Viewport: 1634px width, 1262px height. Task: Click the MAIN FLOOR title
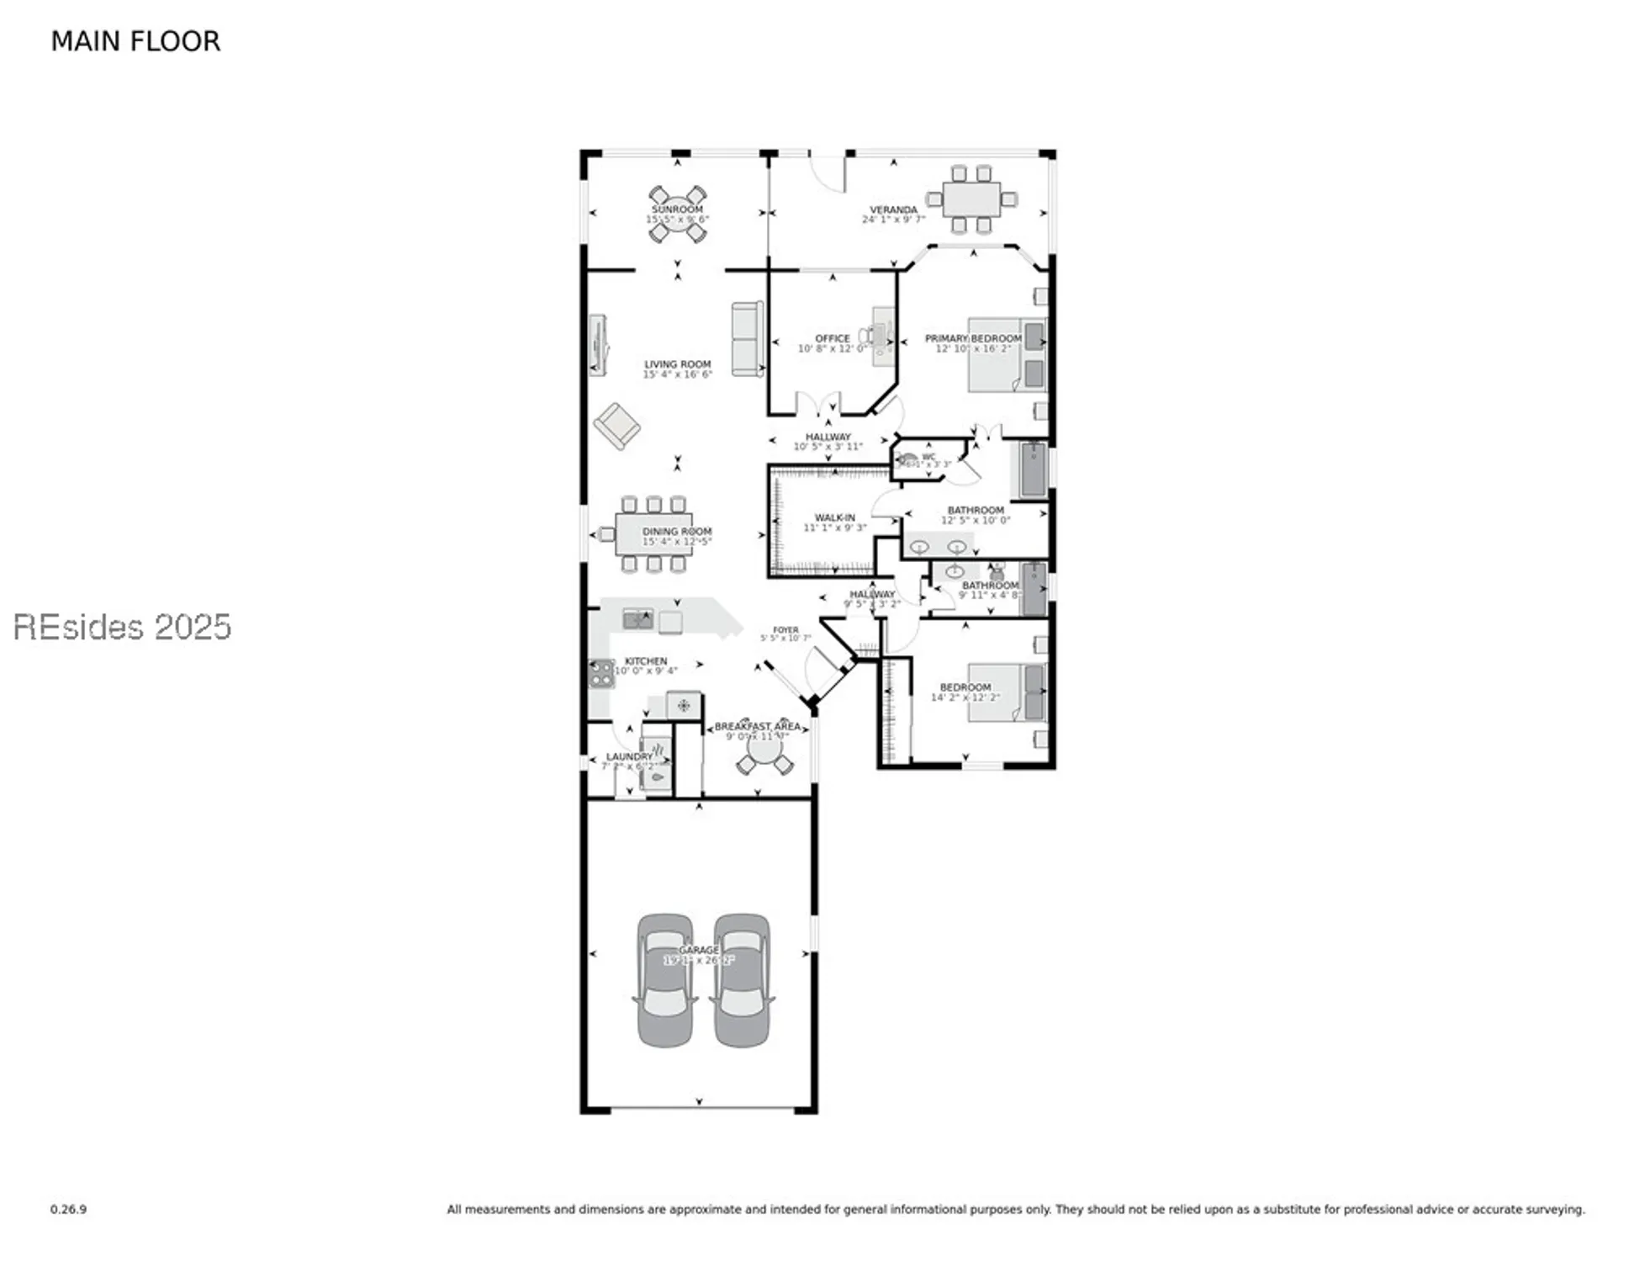[135, 41]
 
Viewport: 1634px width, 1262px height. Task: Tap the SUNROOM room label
[677, 209]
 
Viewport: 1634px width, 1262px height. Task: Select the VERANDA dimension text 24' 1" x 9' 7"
[893, 220]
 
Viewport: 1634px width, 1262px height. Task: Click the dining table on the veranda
[971, 200]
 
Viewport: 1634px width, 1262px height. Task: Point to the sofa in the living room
[747, 339]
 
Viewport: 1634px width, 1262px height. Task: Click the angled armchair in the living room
[617, 426]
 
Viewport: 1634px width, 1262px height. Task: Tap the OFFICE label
[832, 338]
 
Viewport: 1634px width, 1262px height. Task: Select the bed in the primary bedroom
[1007, 354]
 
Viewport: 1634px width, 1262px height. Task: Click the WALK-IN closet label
[834, 517]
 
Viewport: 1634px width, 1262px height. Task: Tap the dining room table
[653, 533]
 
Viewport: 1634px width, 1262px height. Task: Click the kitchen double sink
[637, 620]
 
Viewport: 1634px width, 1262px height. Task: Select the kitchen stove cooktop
[601, 673]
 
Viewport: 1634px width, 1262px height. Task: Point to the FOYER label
[785, 629]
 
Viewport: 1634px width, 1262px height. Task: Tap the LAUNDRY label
[629, 757]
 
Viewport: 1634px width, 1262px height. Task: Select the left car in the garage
[665, 980]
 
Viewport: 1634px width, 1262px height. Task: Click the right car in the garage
[742, 980]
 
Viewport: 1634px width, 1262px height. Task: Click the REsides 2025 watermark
[122, 627]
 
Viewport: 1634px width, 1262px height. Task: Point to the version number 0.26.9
[68, 1209]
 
